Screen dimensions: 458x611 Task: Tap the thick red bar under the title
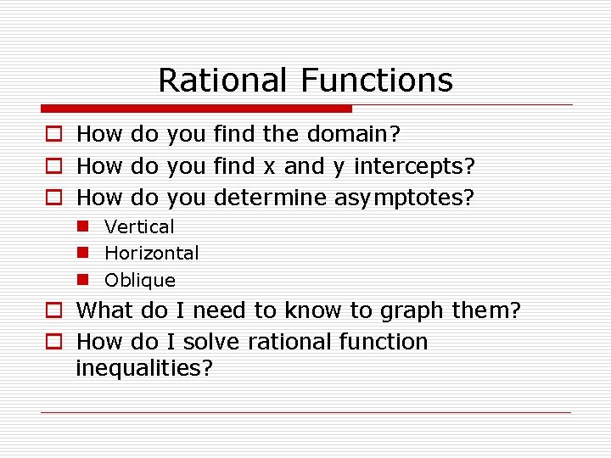pos(196,109)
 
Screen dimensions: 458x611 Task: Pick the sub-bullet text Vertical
pos(139,226)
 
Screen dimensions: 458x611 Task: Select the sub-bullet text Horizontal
pos(152,253)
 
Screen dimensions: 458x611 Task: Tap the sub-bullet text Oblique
pos(140,280)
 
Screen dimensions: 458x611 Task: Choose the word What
pos(105,310)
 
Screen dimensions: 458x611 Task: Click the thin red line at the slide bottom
pos(305,412)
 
